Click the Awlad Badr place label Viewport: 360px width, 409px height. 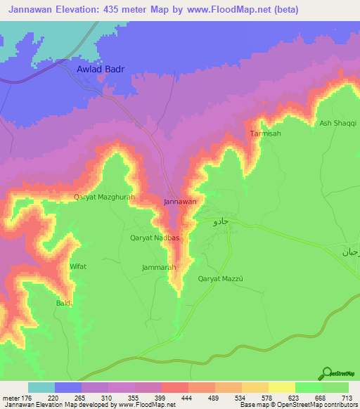click(99, 70)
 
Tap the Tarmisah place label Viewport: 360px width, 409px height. click(264, 133)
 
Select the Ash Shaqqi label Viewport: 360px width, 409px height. click(334, 123)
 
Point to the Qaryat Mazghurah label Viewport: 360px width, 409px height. click(104, 199)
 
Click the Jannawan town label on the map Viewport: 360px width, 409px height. click(179, 202)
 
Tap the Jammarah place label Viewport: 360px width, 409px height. click(158, 268)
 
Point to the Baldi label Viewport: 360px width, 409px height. click(65, 303)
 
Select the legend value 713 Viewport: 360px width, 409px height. click(348, 398)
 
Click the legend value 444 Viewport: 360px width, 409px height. click(188, 398)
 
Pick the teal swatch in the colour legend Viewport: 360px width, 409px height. click(41, 387)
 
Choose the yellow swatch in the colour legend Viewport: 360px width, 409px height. click(282, 387)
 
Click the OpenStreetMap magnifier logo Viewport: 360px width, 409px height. click(326, 372)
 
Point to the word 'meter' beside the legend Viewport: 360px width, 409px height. click(11, 398)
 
